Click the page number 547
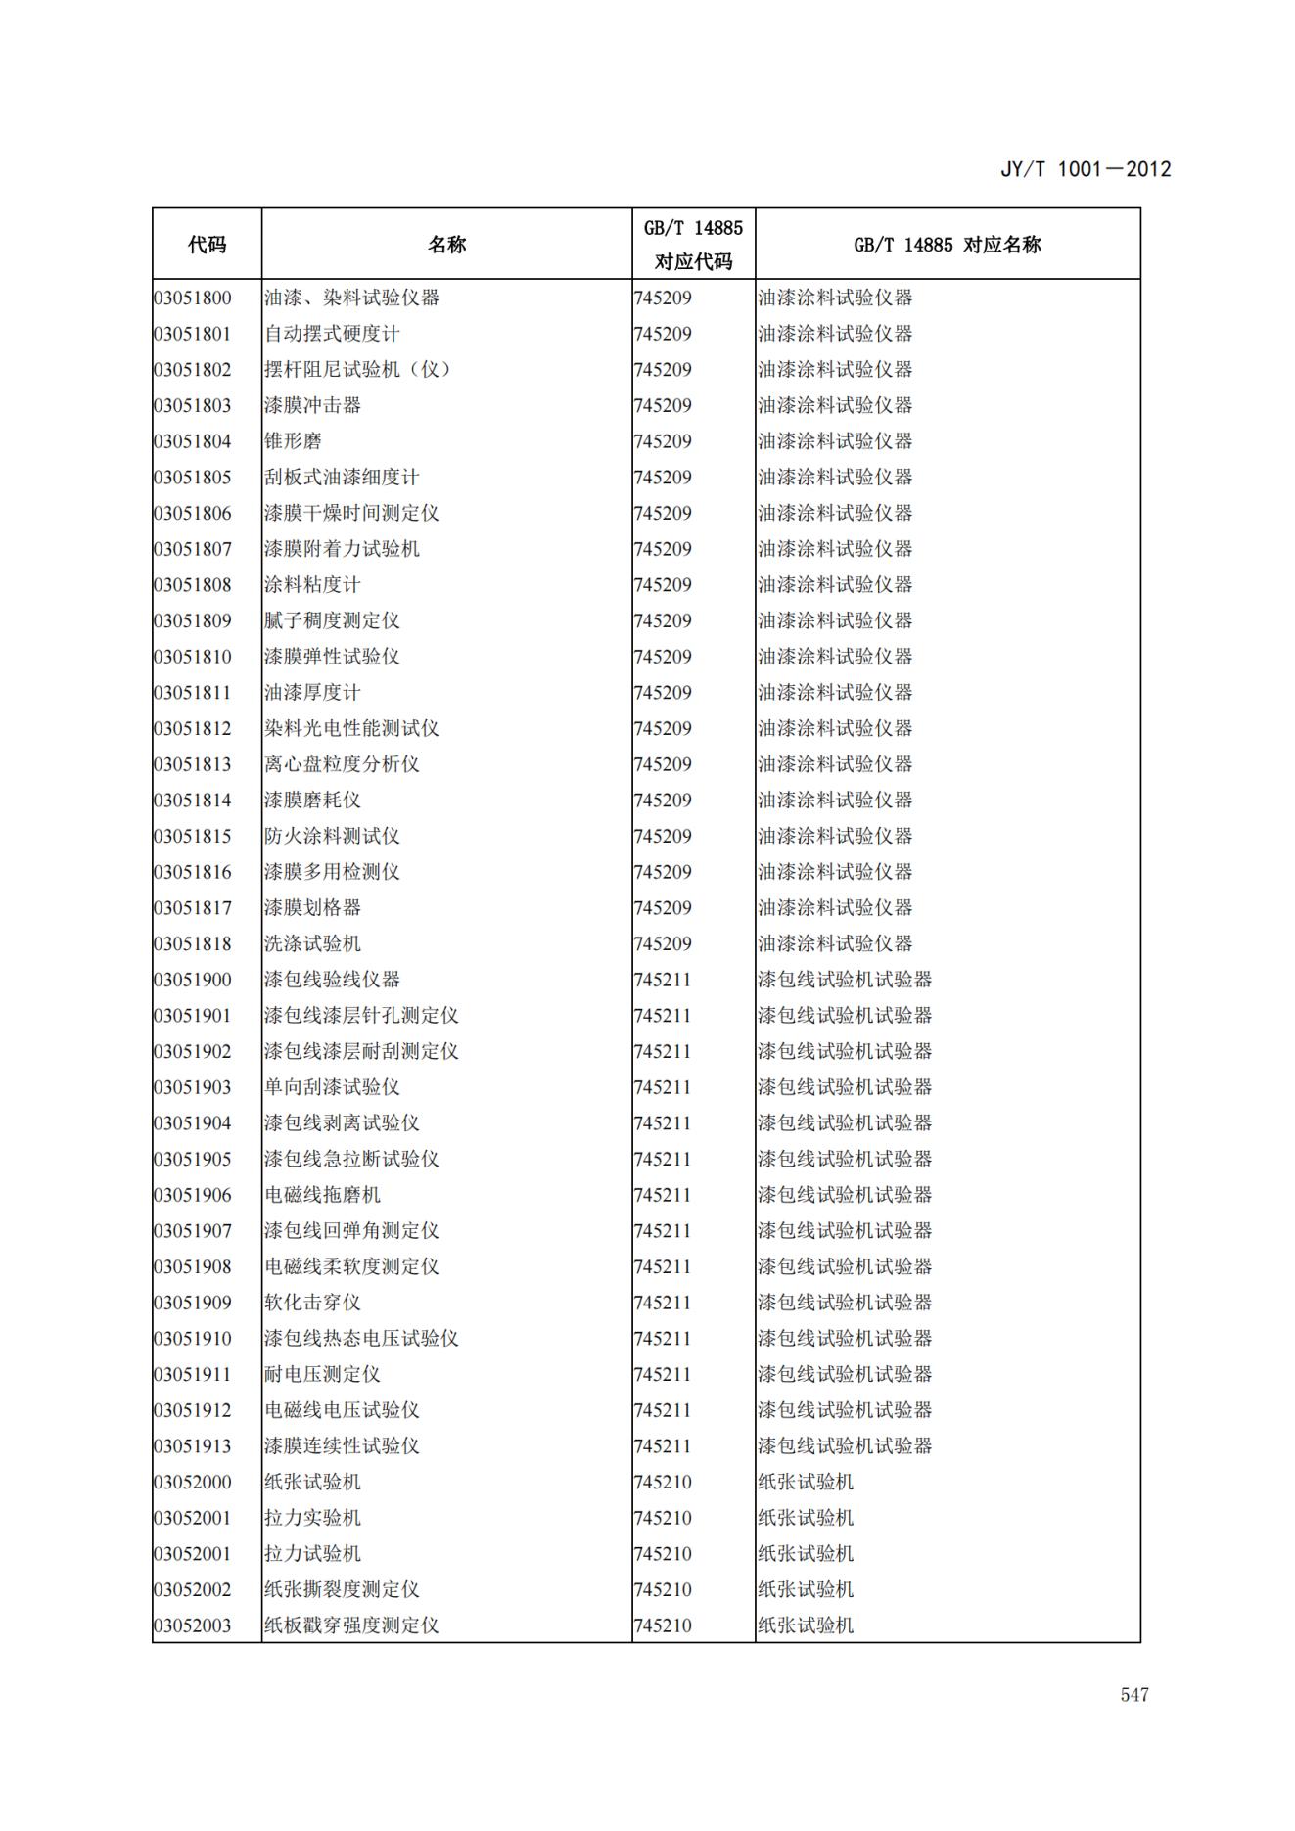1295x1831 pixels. point(1133,1694)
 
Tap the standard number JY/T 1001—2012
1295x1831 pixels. point(1085,169)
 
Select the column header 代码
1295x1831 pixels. point(207,245)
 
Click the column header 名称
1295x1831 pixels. point(446,245)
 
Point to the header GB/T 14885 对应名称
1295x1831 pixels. point(947,245)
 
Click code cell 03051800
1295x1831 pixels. point(193,298)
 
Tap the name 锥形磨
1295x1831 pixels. point(293,441)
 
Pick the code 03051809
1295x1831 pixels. point(193,620)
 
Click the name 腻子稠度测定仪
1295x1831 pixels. point(332,620)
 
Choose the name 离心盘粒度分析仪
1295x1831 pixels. point(342,764)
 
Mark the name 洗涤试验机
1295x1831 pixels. point(312,943)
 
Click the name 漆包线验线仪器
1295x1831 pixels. point(332,980)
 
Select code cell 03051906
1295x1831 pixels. point(193,1195)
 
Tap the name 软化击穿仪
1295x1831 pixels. point(312,1303)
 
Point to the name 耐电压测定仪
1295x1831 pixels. point(322,1374)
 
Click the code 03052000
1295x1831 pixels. point(193,1482)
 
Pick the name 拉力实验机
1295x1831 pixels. point(312,1518)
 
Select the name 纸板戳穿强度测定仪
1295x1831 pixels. point(351,1625)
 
